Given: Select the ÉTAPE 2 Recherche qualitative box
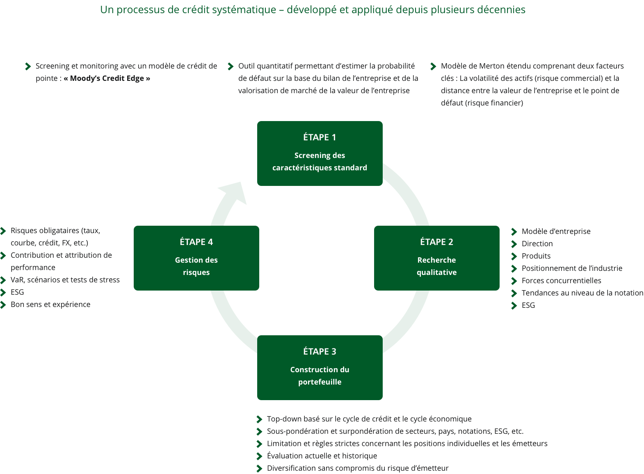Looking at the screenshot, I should (436, 258).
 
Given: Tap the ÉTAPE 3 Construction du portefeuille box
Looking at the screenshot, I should (320, 367).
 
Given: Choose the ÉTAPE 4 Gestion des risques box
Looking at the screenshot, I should (196, 258).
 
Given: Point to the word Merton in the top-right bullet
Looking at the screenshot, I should (491, 66).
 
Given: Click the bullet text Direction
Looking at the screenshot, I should (537, 244).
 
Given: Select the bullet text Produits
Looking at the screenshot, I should (536, 256).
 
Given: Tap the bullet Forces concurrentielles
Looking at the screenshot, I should (561, 281).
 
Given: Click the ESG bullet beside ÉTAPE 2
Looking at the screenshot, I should (528, 305).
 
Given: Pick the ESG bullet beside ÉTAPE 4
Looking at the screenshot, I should (17, 292).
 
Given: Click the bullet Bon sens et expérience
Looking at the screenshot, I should (50, 305).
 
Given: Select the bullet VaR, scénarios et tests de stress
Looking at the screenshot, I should (65, 280).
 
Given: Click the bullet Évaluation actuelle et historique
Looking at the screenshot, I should (322, 456).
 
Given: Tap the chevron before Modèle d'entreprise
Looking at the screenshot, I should (514, 232).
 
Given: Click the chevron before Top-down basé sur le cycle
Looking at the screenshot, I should (259, 419).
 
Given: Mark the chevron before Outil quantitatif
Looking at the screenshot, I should (231, 66).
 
